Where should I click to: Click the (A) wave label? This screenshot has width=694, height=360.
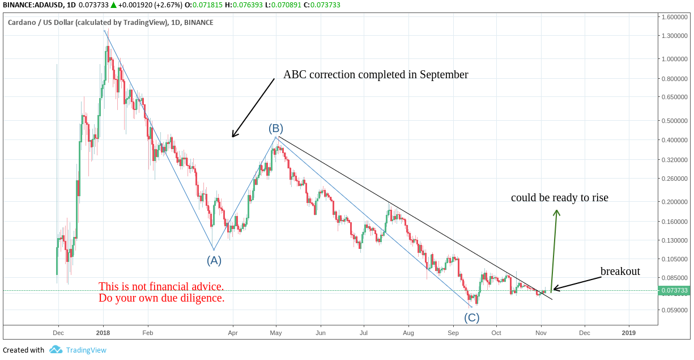pyautogui.click(x=214, y=261)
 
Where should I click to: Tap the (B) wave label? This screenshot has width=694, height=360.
pyautogui.click(x=276, y=128)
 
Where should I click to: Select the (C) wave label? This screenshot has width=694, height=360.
pyautogui.click(x=471, y=317)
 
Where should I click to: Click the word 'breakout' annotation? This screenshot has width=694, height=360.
pyautogui.click(x=620, y=272)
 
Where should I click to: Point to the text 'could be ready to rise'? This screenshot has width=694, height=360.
pyautogui.click(x=559, y=198)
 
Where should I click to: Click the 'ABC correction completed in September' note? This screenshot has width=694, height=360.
pyautogui.click(x=376, y=75)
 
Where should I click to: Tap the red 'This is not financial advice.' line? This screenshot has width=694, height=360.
pyautogui.click(x=161, y=286)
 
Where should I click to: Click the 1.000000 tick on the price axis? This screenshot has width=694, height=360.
pyautogui.click(x=674, y=59)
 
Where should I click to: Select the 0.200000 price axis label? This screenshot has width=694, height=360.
pyautogui.click(x=674, y=202)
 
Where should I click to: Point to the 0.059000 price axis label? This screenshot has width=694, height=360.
pyautogui.click(x=674, y=310)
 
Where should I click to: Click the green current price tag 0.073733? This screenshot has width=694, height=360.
pyautogui.click(x=674, y=291)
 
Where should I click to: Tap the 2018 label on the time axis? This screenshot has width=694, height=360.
pyautogui.click(x=103, y=333)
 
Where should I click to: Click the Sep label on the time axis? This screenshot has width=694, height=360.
pyautogui.click(x=453, y=333)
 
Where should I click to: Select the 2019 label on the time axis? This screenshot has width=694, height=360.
pyautogui.click(x=628, y=333)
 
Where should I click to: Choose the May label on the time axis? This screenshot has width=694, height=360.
pyautogui.click(x=276, y=333)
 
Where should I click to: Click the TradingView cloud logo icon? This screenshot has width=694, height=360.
pyautogui.click(x=56, y=350)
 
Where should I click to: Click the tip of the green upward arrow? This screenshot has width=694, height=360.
pyautogui.click(x=557, y=210)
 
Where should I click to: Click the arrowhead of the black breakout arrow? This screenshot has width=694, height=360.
pyautogui.click(x=554, y=290)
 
